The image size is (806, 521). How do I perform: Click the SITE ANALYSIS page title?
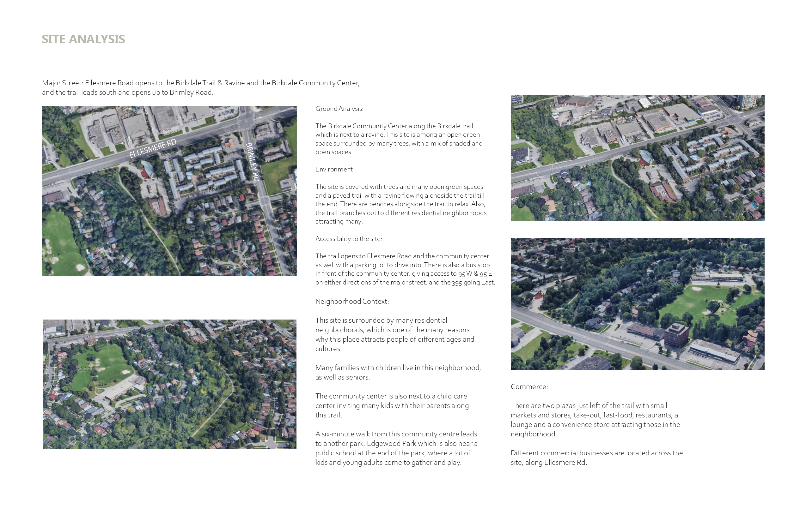pyautogui.click(x=83, y=39)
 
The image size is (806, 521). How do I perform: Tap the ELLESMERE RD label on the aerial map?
pyautogui.click(x=153, y=148)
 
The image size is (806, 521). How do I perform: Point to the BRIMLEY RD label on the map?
pyautogui.click(x=252, y=162)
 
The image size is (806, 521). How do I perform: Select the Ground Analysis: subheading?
pyautogui.click(x=339, y=109)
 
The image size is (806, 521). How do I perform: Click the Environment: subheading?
pyautogui.click(x=335, y=169)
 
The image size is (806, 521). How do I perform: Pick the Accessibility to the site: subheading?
pyautogui.click(x=348, y=239)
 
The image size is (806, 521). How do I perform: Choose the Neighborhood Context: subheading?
pyautogui.click(x=352, y=302)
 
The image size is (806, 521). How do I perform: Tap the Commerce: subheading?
pyautogui.click(x=529, y=387)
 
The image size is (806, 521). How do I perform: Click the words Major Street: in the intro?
pyautogui.click(x=62, y=83)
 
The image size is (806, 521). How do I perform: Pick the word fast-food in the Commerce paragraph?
pyautogui.click(x=617, y=415)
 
